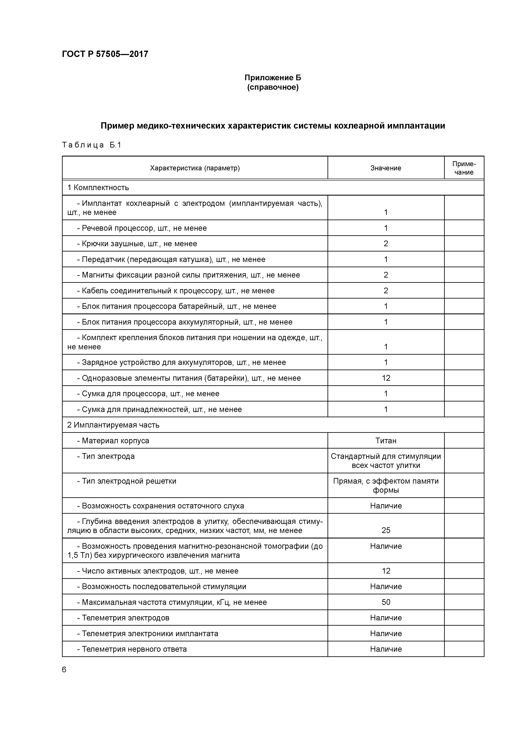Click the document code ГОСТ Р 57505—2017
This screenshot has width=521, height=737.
pos(105,54)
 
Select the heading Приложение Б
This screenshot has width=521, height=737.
pos(272,78)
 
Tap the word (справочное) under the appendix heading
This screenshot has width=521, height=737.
pos(272,87)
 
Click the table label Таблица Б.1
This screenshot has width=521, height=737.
pos(91,145)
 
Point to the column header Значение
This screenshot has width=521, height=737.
pos(385,168)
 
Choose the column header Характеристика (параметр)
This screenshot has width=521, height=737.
pos(195,168)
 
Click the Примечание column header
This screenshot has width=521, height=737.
pos(464,168)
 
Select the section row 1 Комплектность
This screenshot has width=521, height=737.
pos(98,187)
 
